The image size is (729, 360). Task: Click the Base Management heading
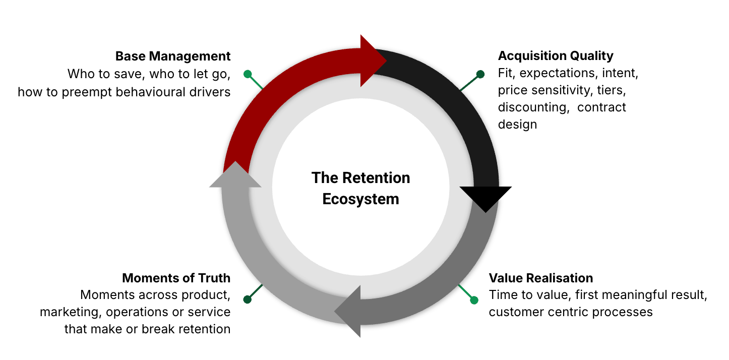(173, 56)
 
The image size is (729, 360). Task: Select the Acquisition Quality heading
(556, 56)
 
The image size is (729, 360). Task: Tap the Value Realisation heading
(541, 278)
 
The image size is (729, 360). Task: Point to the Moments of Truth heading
(176, 278)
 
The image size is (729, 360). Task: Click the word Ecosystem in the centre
(360, 199)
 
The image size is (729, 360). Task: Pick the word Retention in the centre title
(377, 178)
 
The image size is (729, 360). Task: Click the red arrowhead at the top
(373, 61)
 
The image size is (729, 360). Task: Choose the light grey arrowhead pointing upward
(235, 176)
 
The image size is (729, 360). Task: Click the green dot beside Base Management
(248, 74)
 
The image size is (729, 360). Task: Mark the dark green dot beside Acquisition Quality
(480, 74)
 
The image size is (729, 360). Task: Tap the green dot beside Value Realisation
(474, 301)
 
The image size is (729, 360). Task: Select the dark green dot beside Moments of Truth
(248, 299)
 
